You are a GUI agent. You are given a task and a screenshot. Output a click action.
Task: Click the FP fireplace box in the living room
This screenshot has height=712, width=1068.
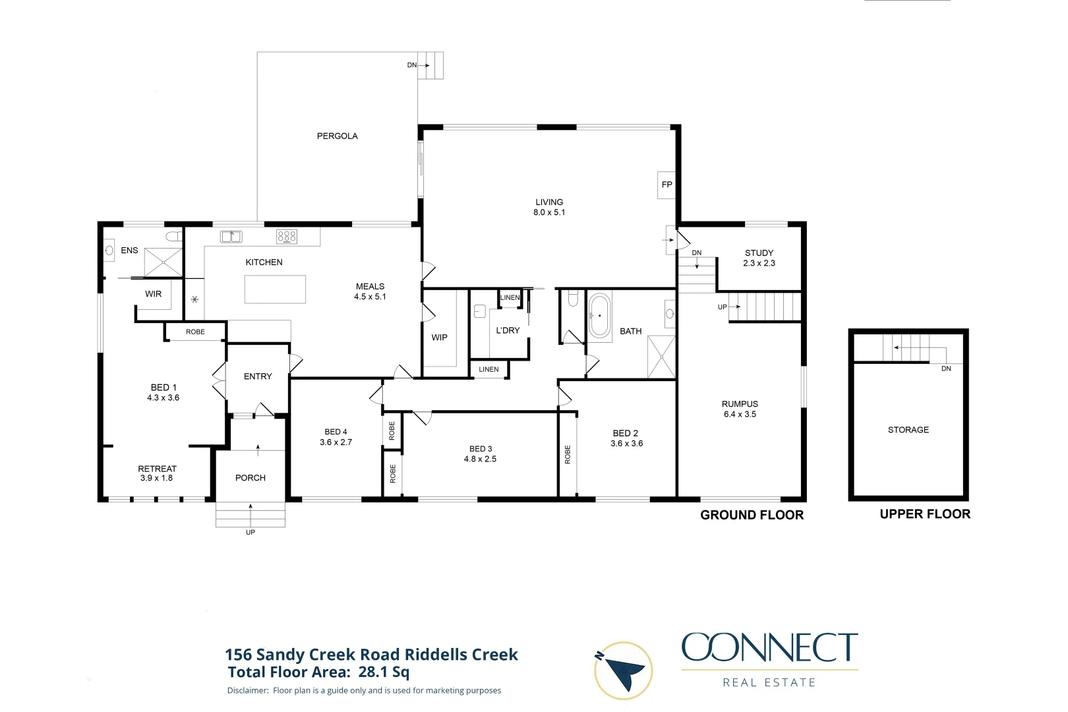click(667, 185)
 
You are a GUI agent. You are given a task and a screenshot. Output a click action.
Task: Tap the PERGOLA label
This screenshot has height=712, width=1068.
click(337, 136)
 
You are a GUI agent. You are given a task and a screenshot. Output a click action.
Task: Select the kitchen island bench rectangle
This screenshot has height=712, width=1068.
click(275, 289)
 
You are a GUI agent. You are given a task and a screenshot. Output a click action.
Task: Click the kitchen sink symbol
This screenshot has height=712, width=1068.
click(231, 237)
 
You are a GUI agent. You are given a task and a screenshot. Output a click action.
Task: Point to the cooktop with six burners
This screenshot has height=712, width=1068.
click(287, 237)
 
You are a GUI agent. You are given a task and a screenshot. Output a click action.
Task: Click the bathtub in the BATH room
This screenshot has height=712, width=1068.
click(599, 316)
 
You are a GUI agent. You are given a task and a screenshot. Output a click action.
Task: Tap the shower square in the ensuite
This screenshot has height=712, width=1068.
click(163, 262)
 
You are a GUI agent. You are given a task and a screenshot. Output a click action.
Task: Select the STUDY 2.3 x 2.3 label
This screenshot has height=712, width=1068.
click(759, 258)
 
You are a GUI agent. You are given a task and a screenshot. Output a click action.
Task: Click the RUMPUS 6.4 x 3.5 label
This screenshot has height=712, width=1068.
click(740, 409)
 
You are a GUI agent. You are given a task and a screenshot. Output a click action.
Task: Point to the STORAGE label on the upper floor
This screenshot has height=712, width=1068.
click(908, 430)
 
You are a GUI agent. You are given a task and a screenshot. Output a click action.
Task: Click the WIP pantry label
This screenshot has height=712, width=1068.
click(439, 338)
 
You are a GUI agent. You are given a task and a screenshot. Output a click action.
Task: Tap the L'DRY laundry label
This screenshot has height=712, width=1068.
click(508, 330)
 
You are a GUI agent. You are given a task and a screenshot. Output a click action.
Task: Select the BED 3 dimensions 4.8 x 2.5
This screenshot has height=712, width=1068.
click(480, 459)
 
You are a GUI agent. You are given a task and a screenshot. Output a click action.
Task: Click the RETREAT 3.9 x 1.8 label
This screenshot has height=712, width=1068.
click(157, 473)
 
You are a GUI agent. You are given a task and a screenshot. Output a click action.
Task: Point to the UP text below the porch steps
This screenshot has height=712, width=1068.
click(251, 532)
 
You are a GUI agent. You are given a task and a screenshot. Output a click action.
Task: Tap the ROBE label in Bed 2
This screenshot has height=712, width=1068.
click(568, 454)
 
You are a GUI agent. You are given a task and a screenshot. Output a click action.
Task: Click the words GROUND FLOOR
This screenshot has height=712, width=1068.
click(752, 515)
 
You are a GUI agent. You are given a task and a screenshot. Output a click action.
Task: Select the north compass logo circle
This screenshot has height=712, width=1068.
click(623, 670)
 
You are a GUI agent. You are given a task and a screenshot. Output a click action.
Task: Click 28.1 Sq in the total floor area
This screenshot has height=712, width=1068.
click(384, 672)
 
